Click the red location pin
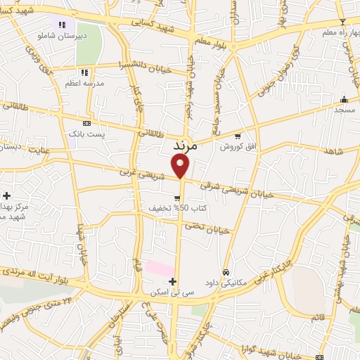181,166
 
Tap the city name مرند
186,147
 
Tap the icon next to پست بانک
86,123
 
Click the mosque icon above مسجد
344,99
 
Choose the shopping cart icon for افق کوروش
238,136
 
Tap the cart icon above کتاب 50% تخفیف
177,198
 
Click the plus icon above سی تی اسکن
172,281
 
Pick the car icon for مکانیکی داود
226,272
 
